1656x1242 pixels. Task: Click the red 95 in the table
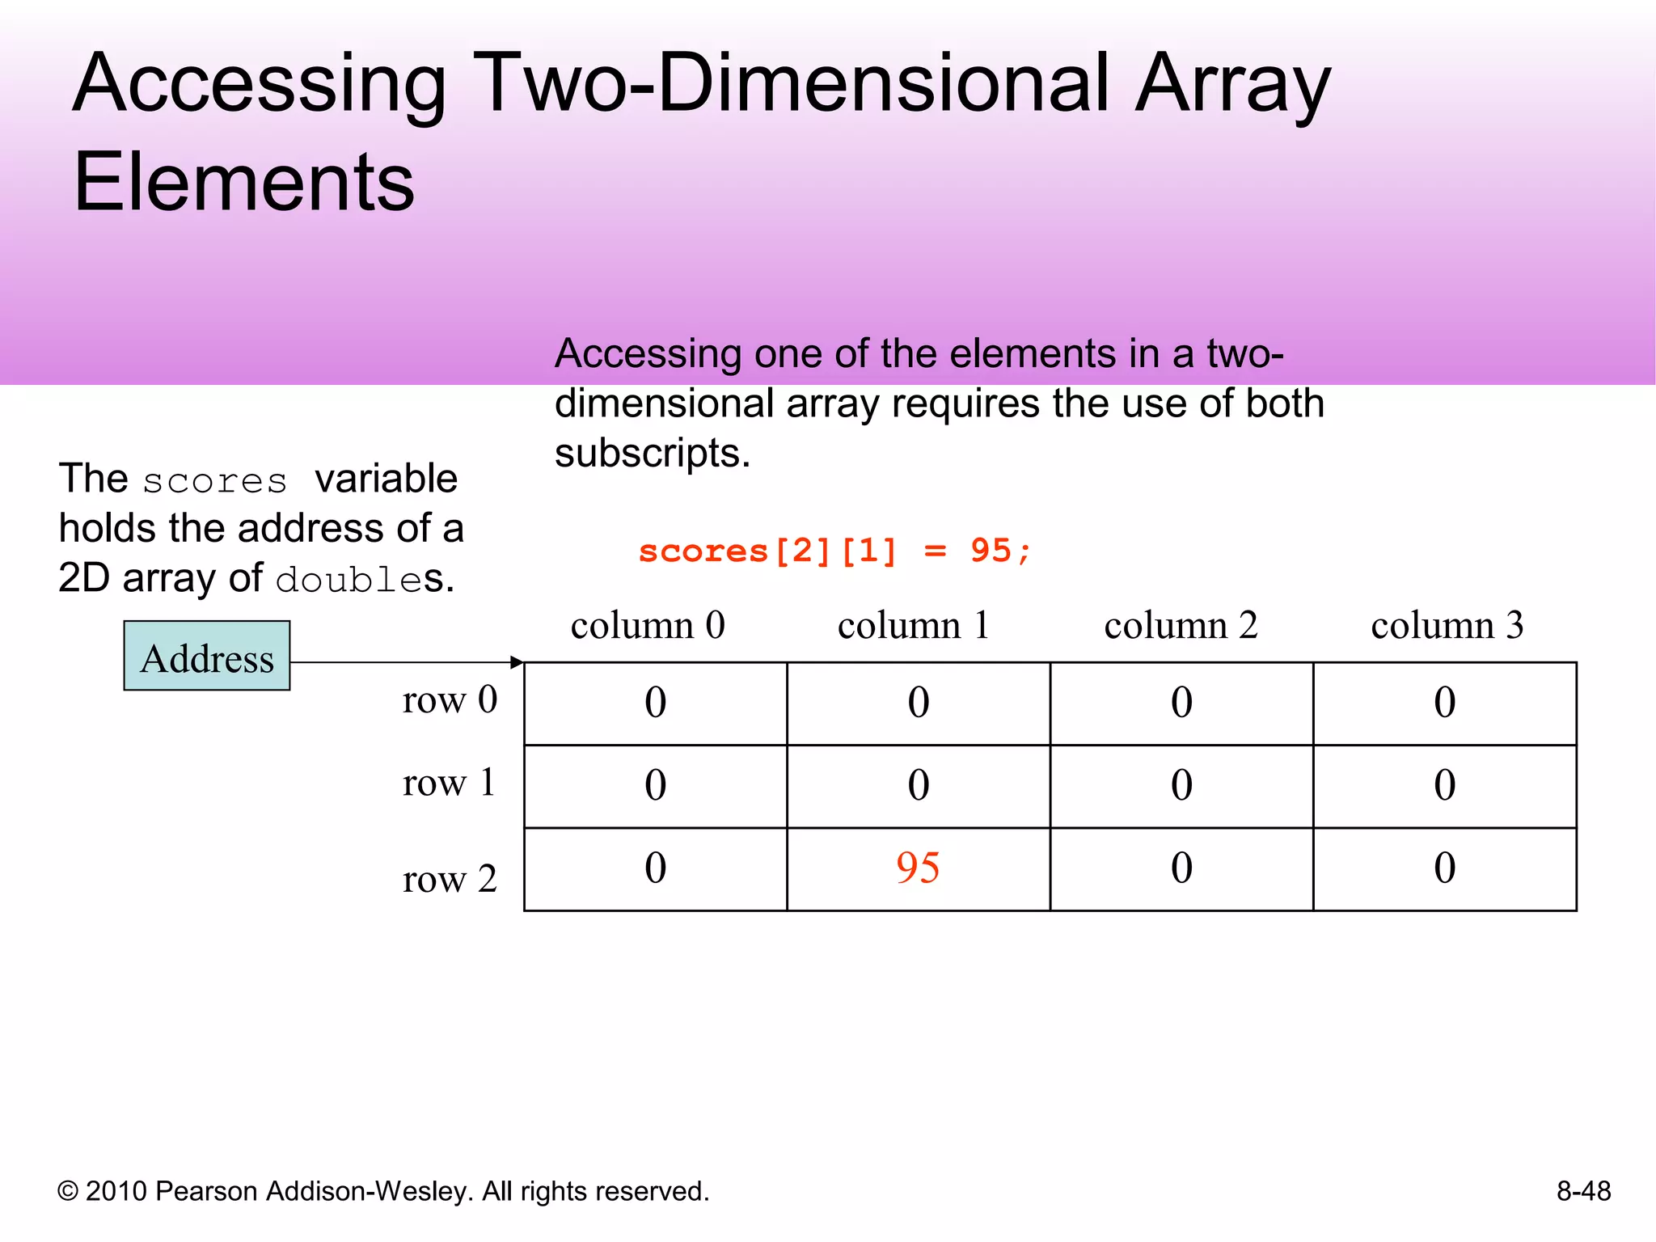918,868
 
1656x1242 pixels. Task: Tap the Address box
207,656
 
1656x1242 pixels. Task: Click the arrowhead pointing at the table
517,662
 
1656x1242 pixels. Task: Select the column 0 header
648,625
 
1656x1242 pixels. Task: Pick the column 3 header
1447,625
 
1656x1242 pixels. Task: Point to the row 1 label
449,782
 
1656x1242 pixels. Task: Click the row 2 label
450,878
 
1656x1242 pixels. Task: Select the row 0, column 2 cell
1181,703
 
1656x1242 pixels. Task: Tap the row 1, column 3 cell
1444,785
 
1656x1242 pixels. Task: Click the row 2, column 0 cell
655,868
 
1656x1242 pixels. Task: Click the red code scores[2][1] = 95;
834,551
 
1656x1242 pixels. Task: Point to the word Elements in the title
244,183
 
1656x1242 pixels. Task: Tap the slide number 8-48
1583,1191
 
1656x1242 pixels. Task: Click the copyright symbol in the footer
68,1192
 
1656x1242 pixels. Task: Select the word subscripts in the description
651,453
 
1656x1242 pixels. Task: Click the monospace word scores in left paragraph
215,481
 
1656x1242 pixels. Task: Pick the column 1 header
914,625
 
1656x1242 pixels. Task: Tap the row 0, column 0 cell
655,703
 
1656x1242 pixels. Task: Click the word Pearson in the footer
206,1191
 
